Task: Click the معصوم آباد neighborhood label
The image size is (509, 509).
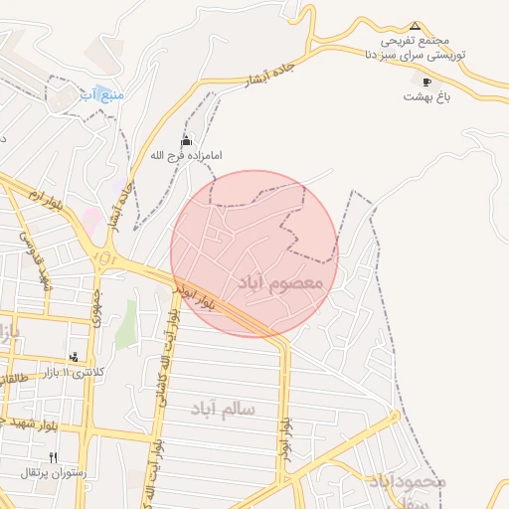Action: tap(282, 283)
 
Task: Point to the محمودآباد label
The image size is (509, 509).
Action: tap(406, 481)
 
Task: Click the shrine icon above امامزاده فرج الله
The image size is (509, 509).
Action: tap(185, 141)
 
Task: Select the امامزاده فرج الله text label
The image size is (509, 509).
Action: tap(185, 156)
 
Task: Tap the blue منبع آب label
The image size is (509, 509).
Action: tap(100, 94)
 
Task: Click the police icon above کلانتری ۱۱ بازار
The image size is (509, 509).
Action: tap(75, 356)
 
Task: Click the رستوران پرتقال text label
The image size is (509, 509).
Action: tap(55, 472)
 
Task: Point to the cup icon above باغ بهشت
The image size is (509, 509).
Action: tap(427, 82)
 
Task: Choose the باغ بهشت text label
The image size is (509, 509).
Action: tap(427, 96)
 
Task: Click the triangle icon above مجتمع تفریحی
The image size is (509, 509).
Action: tap(416, 26)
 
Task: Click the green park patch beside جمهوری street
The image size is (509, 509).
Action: tap(125, 328)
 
